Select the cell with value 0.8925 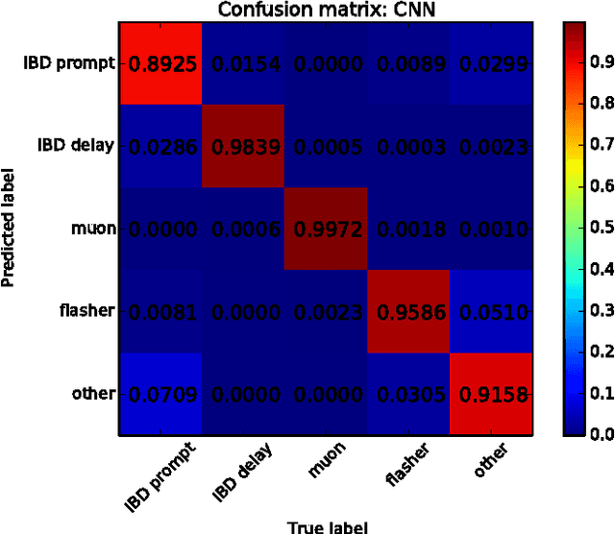[x=160, y=62]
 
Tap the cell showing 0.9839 [x=243, y=146]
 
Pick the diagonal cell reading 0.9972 [x=326, y=229]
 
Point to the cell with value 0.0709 [x=160, y=394]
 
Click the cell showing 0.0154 [x=243, y=62]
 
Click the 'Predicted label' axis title [x=9, y=229]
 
